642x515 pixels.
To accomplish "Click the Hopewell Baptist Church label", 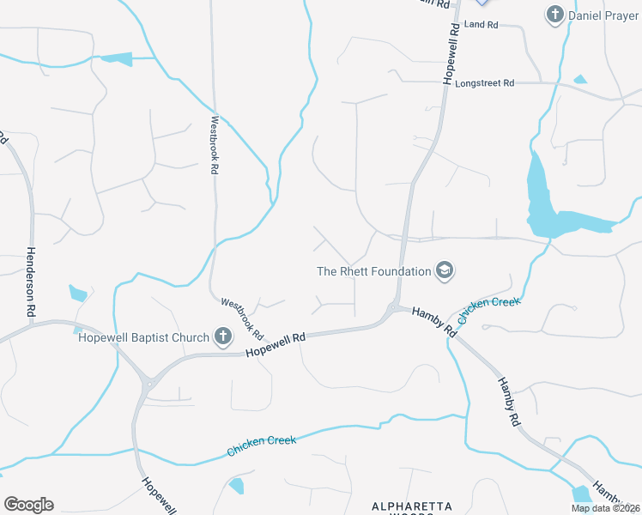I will [x=143, y=337].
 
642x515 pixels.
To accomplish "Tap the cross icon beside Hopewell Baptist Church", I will [x=223, y=336].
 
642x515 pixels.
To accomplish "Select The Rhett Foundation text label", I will [x=374, y=271].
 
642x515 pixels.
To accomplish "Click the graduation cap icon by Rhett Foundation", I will [x=445, y=271].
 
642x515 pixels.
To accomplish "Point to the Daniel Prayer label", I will [x=605, y=15].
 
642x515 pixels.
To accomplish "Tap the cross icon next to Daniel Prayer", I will [x=555, y=15].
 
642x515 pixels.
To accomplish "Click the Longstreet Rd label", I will [x=485, y=83].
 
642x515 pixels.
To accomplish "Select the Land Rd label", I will [x=481, y=25].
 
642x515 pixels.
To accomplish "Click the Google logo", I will [x=28, y=505].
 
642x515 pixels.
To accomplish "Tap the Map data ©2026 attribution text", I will [x=605, y=507].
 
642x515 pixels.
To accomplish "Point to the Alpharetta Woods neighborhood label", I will [x=411, y=507].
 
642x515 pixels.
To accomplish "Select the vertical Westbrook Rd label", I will [x=215, y=146].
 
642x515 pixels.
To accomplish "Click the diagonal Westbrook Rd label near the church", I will [x=242, y=317].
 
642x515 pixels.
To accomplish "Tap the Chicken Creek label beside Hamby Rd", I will [x=488, y=310].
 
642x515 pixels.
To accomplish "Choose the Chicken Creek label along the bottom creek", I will [x=261, y=445].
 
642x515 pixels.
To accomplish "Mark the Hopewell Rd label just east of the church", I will [x=275, y=344].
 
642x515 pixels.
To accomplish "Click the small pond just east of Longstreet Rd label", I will [x=580, y=80].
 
